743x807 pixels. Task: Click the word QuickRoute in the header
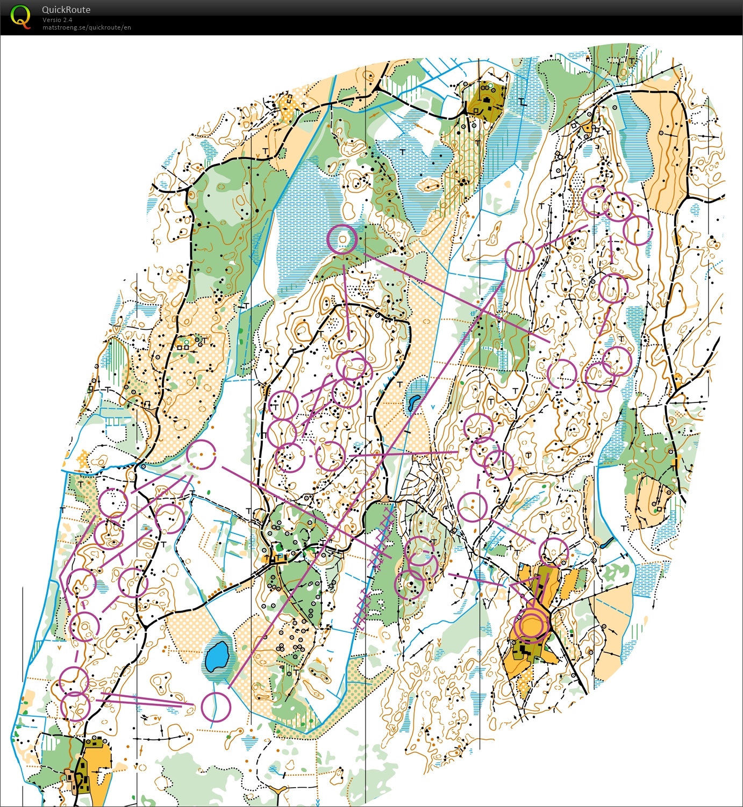pos(66,10)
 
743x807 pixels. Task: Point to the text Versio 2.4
pos(57,20)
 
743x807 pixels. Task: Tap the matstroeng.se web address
pos(87,27)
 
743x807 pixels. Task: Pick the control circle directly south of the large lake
pos(216,707)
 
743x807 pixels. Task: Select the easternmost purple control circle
pos(638,230)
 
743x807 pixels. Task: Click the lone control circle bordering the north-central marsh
pos(342,239)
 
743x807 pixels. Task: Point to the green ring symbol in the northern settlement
pos(490,85)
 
